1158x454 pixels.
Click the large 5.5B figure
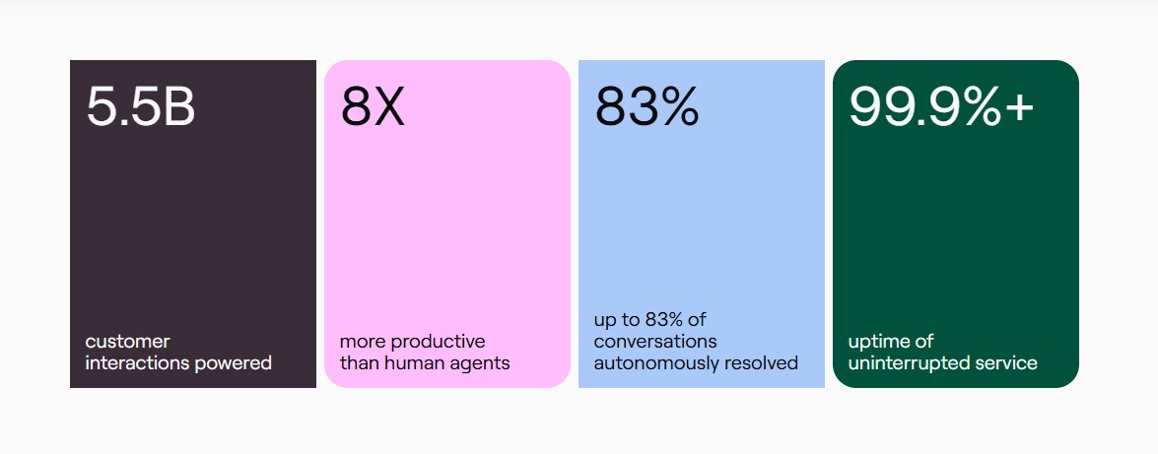(x=140, y=107)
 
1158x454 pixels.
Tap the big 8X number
(x=373, y=107)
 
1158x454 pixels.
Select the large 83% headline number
(x=647, y=107)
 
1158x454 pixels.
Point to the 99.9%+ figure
(x=941, y=107)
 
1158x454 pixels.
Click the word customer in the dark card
(x=128, y=342)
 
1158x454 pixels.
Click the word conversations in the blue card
(x=655, y=342)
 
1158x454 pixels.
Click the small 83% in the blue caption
(x=666, y=320)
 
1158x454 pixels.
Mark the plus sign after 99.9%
(x=1018, y=108)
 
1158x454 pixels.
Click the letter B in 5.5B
(x=178, y=107)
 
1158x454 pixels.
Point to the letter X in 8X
(x=388, y=107)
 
